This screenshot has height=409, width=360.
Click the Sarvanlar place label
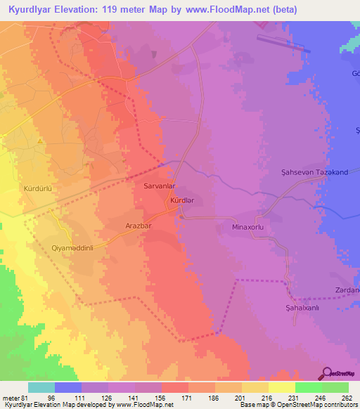(x=159, y=187)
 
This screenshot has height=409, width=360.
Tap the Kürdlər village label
(x=183, y=202)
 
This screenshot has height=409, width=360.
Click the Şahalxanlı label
(x=294, y=307)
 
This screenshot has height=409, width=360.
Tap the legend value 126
(x=107, y=397)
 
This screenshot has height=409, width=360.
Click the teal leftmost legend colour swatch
(x=41, y=387)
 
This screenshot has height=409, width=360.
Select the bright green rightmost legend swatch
(x=335, y=387)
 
